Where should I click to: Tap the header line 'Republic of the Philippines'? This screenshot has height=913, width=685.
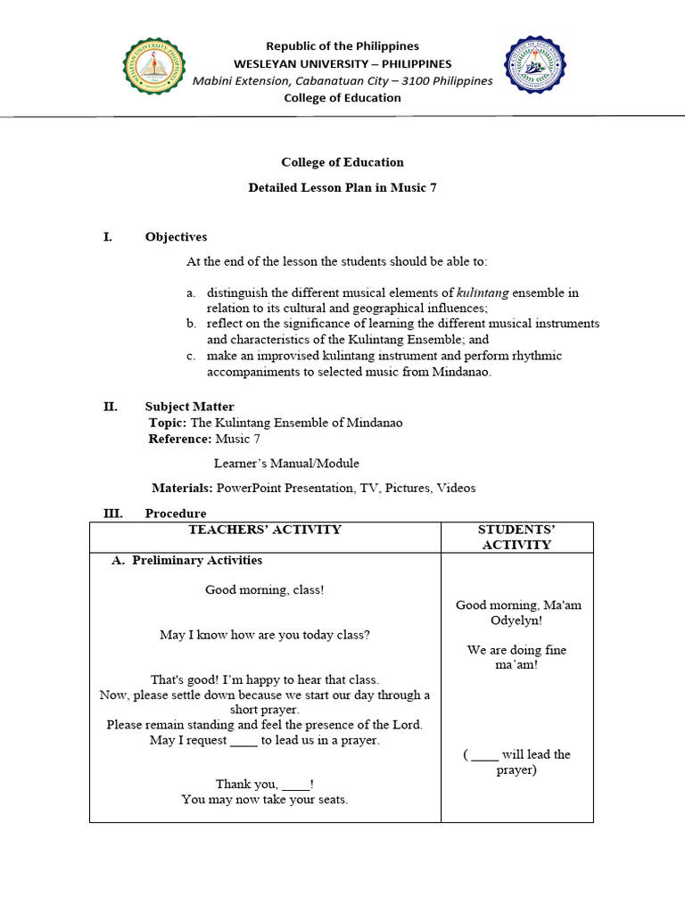342,46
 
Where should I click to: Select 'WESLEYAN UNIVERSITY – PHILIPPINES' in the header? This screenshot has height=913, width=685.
342,63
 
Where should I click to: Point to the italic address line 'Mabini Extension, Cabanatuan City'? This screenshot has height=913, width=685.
342,81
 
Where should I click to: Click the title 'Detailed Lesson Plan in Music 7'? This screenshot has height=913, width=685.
342,188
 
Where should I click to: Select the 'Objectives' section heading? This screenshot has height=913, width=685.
176,237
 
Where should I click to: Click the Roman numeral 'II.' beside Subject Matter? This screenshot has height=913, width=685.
110,407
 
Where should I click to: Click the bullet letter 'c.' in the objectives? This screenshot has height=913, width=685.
191,356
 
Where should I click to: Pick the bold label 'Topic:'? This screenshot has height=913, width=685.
168,423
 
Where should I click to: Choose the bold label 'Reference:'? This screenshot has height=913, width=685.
180,439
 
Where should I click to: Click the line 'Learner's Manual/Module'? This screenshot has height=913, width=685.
286,463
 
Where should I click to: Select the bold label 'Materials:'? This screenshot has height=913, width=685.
182,488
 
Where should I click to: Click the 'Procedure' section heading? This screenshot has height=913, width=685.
176,514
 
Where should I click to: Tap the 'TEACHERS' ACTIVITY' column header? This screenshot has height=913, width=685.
265,530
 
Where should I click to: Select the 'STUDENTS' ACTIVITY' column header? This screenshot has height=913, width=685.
516,537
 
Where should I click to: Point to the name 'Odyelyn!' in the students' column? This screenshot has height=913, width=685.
518,621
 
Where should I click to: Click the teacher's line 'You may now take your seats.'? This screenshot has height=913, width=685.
265,800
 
